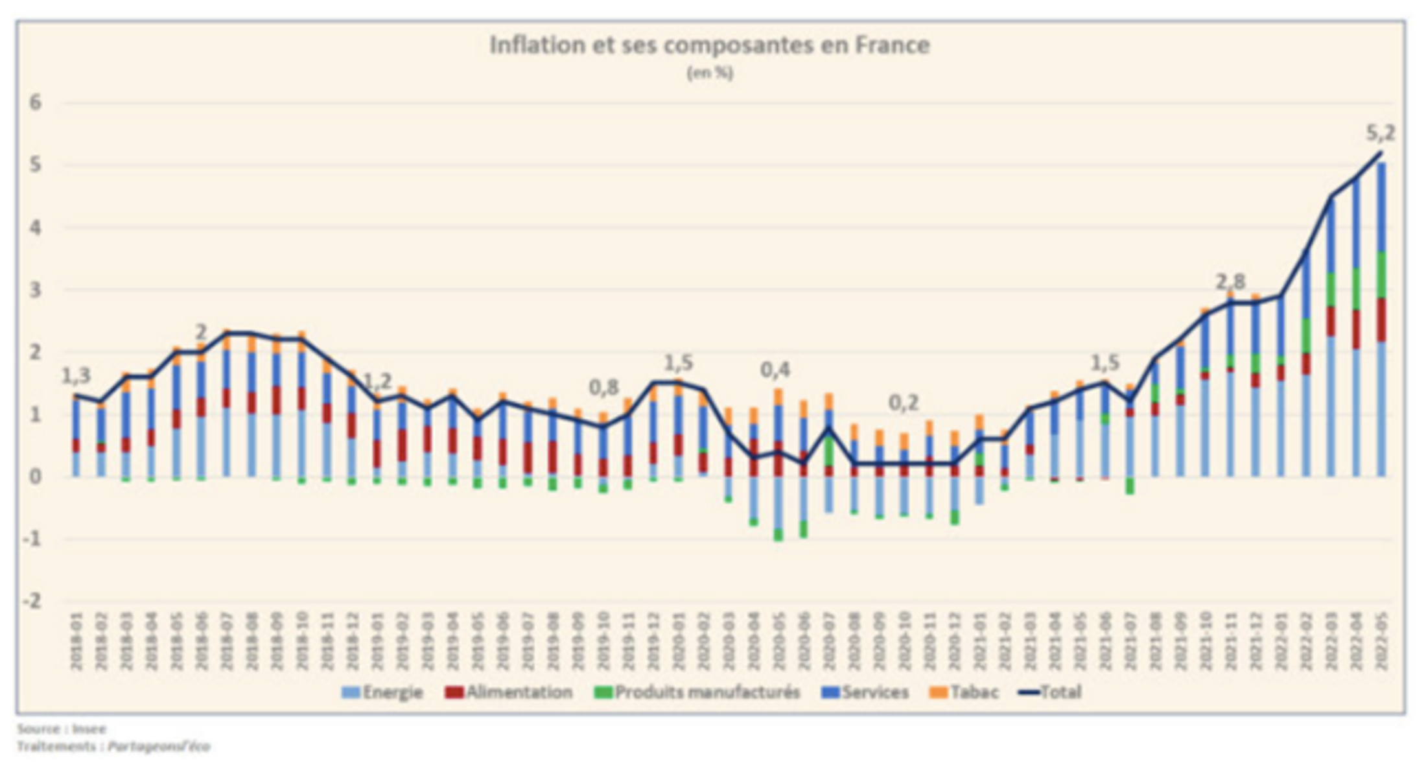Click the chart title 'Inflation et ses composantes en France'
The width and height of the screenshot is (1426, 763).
[x=709, y=45]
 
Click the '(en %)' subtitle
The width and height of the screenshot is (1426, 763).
[x=710, y=73]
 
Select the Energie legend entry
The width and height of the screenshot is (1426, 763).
[x=382, y=692]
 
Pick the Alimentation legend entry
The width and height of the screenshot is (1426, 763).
[x=509, y=692]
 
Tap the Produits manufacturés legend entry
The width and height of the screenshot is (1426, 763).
[x=697, y=692]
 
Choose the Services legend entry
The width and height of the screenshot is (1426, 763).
[x=865, y=692]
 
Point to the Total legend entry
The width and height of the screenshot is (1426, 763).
[x=1050, y=692]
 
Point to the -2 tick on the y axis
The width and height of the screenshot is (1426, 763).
[x=32, y=601]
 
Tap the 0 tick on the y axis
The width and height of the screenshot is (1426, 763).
[x=35, y=476]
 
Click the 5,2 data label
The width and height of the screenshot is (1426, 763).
[x=1380, y=134]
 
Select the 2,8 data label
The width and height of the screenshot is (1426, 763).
[x=1230, y=282]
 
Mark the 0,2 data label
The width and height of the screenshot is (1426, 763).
[x=903, y=403]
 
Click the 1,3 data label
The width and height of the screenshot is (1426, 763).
[x=76, y=375]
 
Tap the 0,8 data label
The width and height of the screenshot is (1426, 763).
[x=603, y=388]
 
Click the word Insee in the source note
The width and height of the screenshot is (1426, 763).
[x=89, y=729]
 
